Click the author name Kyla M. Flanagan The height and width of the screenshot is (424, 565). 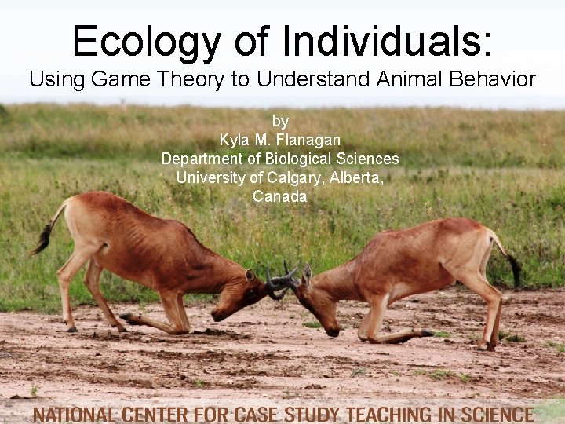tap(280, 140)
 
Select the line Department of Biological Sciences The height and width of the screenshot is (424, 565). tap(280, 159)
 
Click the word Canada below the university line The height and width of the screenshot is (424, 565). tap(280, 196)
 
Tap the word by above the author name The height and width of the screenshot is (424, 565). tap(280, 121)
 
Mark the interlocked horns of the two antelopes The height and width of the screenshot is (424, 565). tap(282, 279)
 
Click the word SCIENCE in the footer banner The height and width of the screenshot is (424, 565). tap(494, 413)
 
